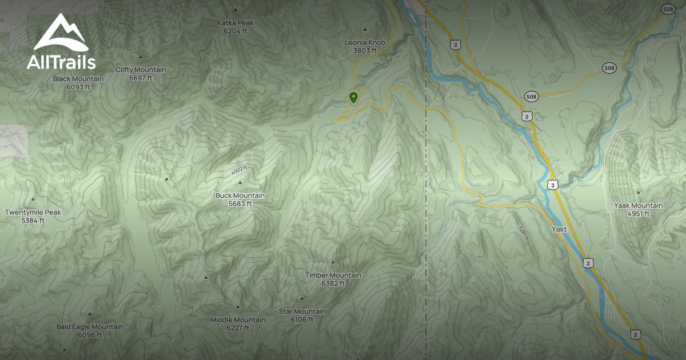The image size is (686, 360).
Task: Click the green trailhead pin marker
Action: pos(353,98)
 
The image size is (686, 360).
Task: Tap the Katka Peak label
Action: pos(236,23)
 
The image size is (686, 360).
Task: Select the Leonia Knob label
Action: pos(365,42)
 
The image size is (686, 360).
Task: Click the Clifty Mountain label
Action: pos(141,70)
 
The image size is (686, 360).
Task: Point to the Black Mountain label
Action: pos(78,79)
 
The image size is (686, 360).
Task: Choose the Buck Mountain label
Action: pos(240,195)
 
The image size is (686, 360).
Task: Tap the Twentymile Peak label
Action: pos(33,212)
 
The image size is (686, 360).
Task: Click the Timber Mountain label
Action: pos(333,275)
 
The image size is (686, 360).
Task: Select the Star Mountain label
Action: pos(302,311)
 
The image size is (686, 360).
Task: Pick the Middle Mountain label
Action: pos(238,319)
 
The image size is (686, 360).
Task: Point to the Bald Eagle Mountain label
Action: pos(90,327)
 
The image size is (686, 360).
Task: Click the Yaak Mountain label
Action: pos(639,205)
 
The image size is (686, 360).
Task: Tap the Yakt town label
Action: pos(559,229)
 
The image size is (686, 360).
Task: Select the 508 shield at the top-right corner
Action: pos(667,9)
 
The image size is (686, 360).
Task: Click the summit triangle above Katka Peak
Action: pos(236,10)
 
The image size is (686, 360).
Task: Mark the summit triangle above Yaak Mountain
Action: pos(639,192)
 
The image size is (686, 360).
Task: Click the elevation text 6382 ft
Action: pos(333,283)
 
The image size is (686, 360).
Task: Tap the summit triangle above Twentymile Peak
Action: pos(33,199)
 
